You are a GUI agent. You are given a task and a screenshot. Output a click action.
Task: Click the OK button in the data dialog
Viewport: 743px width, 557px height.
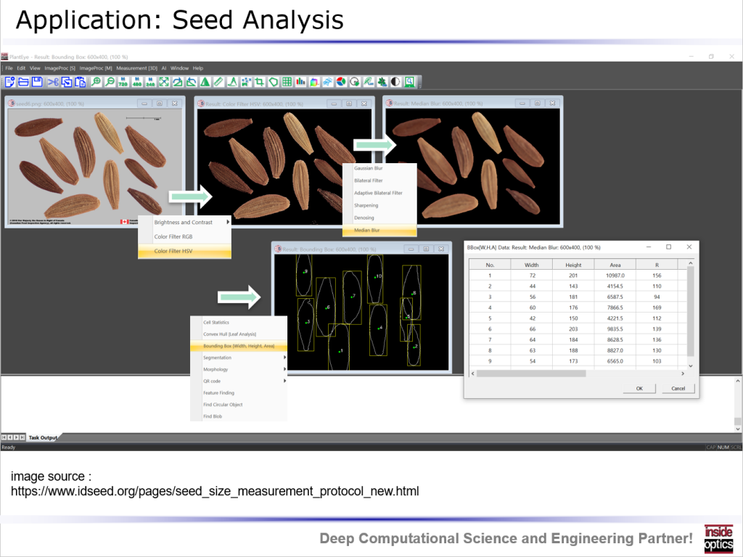(x=639, y=388)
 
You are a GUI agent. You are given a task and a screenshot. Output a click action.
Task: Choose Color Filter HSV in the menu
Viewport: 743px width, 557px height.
(x=173, y=251)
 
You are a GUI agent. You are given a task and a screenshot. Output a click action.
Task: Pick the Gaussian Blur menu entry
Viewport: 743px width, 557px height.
(x=368, y=168)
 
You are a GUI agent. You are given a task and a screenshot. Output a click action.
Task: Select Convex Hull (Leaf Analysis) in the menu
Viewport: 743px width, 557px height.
(x=229, y=334)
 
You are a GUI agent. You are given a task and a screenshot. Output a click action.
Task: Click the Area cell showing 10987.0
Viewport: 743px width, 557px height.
(x=615, y=276)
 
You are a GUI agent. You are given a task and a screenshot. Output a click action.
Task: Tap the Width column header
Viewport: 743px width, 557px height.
(x=532, y=265)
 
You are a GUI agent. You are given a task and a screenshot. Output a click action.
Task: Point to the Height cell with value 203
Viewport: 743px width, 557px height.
(x=573, y=329)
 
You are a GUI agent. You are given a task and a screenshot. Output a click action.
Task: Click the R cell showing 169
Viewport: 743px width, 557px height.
(x=657, y=308)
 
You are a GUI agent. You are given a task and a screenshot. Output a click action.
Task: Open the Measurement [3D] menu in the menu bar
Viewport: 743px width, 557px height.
(x=136, y=68)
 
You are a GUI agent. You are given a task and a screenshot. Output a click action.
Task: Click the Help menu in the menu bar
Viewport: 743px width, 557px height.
(x=198, y=68)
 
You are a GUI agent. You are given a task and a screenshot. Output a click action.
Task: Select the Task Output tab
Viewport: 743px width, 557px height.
(x=43, y=438)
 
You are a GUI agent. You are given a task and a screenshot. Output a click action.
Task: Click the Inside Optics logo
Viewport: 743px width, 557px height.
(x=718, y=539)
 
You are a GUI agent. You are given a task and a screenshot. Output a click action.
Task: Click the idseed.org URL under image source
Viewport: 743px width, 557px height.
(x=215, y=492)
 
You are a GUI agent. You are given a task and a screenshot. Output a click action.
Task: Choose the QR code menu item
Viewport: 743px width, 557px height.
(x=212, y=381)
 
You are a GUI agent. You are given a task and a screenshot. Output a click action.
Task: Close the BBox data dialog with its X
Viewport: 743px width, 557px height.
(x=689, y=247)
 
